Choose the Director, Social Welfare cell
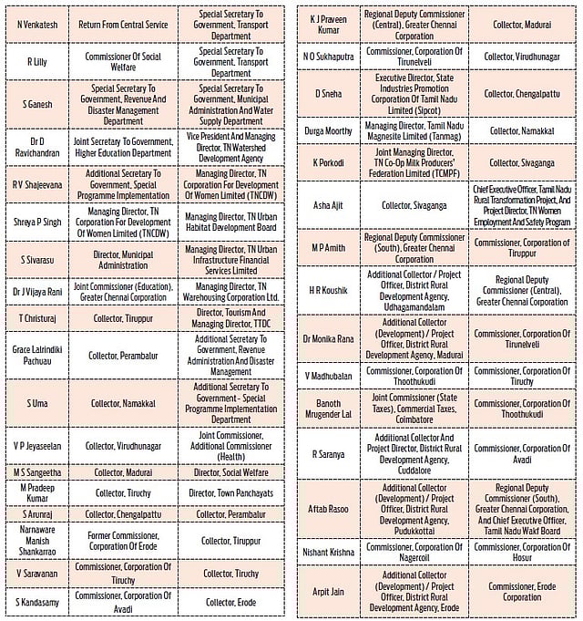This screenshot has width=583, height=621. pyautogui.click(x=230, y=471)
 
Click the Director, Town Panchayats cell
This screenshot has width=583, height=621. pyautogui.click(x=230, y=493)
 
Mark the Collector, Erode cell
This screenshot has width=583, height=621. pyautogui.click(x=230, y=602)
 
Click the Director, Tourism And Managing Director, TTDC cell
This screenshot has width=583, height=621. pyautogui.click(x=230, y=320)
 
